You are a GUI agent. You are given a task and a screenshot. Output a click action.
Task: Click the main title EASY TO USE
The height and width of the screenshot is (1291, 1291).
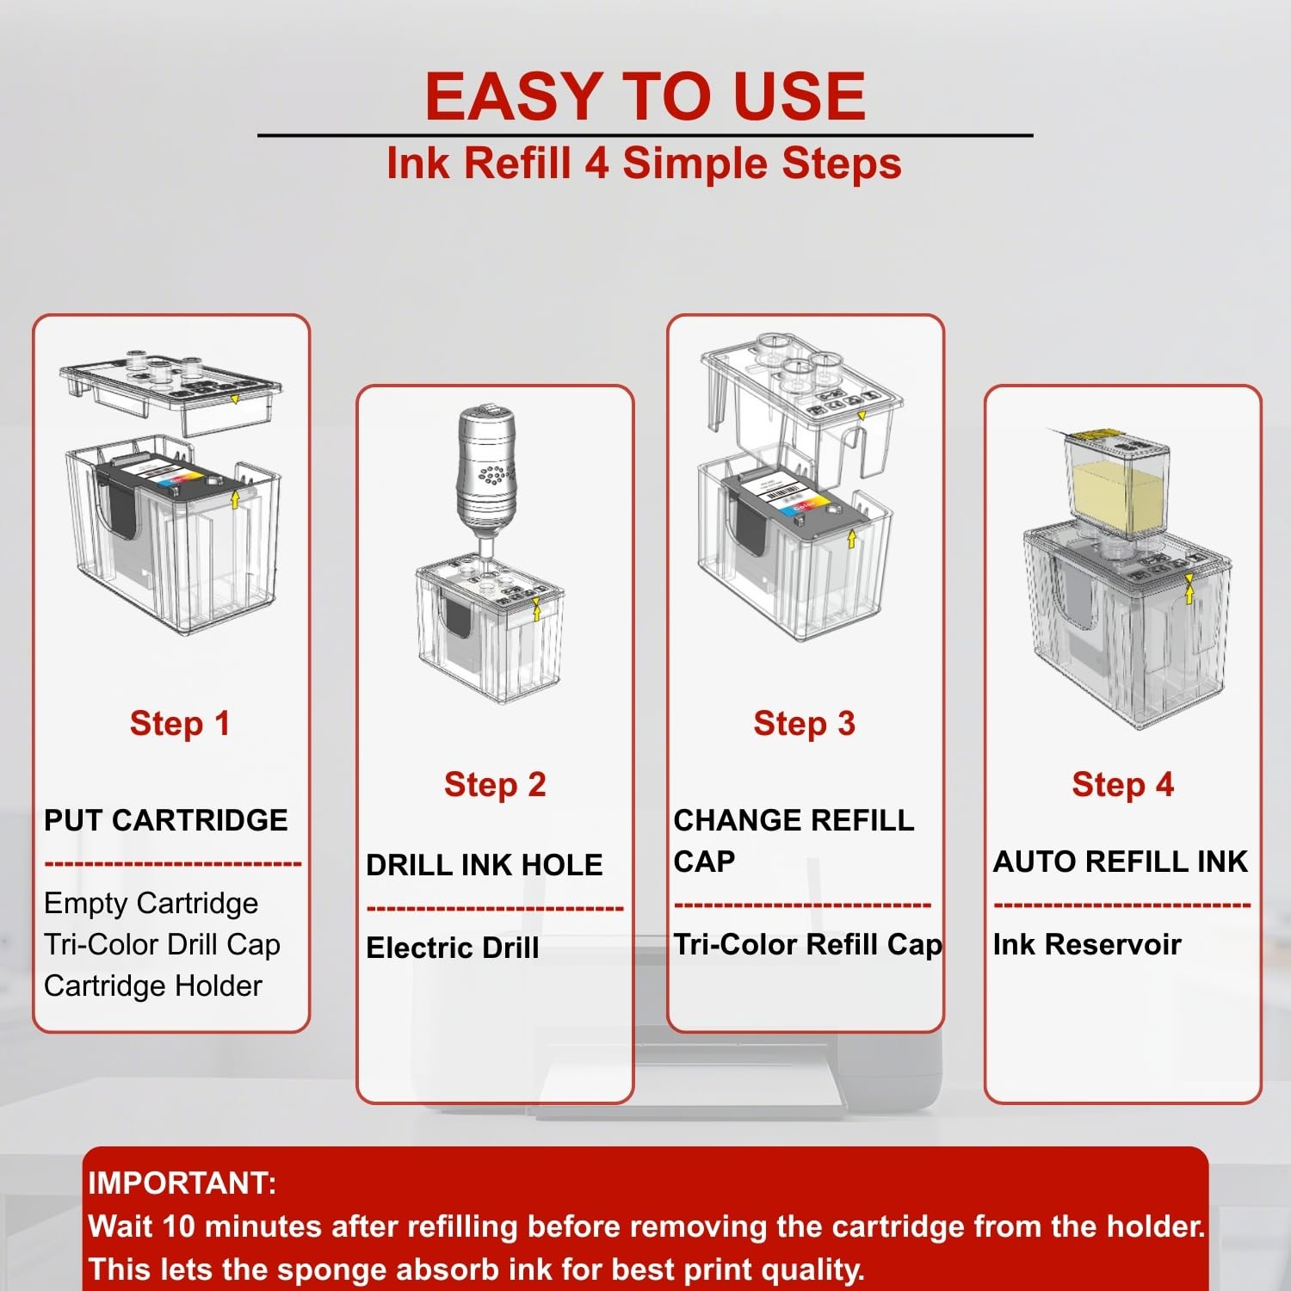[645, 96]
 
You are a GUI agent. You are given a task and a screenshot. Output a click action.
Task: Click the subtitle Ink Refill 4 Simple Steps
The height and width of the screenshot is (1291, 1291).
[644, 164]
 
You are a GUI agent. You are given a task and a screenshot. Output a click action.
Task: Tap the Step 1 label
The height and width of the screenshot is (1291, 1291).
[180, 724]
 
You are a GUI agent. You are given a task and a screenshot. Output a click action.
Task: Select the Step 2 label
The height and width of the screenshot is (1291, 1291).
[495, 785]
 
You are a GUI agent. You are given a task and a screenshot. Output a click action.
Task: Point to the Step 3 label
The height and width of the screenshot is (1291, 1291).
[804, 724]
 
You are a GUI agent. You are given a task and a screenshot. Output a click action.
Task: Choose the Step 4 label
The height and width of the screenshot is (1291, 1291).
[1122, 785]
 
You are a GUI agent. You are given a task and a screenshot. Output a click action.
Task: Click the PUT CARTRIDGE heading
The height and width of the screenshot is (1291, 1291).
[166, 820]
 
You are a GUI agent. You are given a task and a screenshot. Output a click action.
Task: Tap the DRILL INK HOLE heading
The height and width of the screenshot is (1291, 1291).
[485, 865]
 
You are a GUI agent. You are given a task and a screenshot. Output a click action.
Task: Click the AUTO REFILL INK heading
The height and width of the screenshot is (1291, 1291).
[1121, 862]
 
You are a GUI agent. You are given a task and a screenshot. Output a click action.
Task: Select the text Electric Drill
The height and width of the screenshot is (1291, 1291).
[453, 948]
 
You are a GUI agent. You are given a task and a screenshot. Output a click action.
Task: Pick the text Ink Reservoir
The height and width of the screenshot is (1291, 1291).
[1087, 944]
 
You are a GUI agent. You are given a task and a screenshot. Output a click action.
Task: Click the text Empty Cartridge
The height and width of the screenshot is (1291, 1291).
[151, 904]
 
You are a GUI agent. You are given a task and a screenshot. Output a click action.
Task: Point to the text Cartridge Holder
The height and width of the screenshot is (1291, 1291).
[153, 986]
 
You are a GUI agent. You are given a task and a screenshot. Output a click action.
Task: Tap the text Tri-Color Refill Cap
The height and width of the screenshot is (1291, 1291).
[808, 945]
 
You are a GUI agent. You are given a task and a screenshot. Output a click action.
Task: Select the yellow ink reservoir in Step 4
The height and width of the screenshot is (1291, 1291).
[1117, 484]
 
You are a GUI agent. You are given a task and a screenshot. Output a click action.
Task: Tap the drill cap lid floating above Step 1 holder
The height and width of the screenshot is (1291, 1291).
[170, 392]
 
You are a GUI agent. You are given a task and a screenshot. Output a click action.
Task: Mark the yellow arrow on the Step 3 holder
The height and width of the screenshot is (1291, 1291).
[851, 540]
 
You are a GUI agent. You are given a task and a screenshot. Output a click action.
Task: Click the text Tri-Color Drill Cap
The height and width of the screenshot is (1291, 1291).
[163, 945]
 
